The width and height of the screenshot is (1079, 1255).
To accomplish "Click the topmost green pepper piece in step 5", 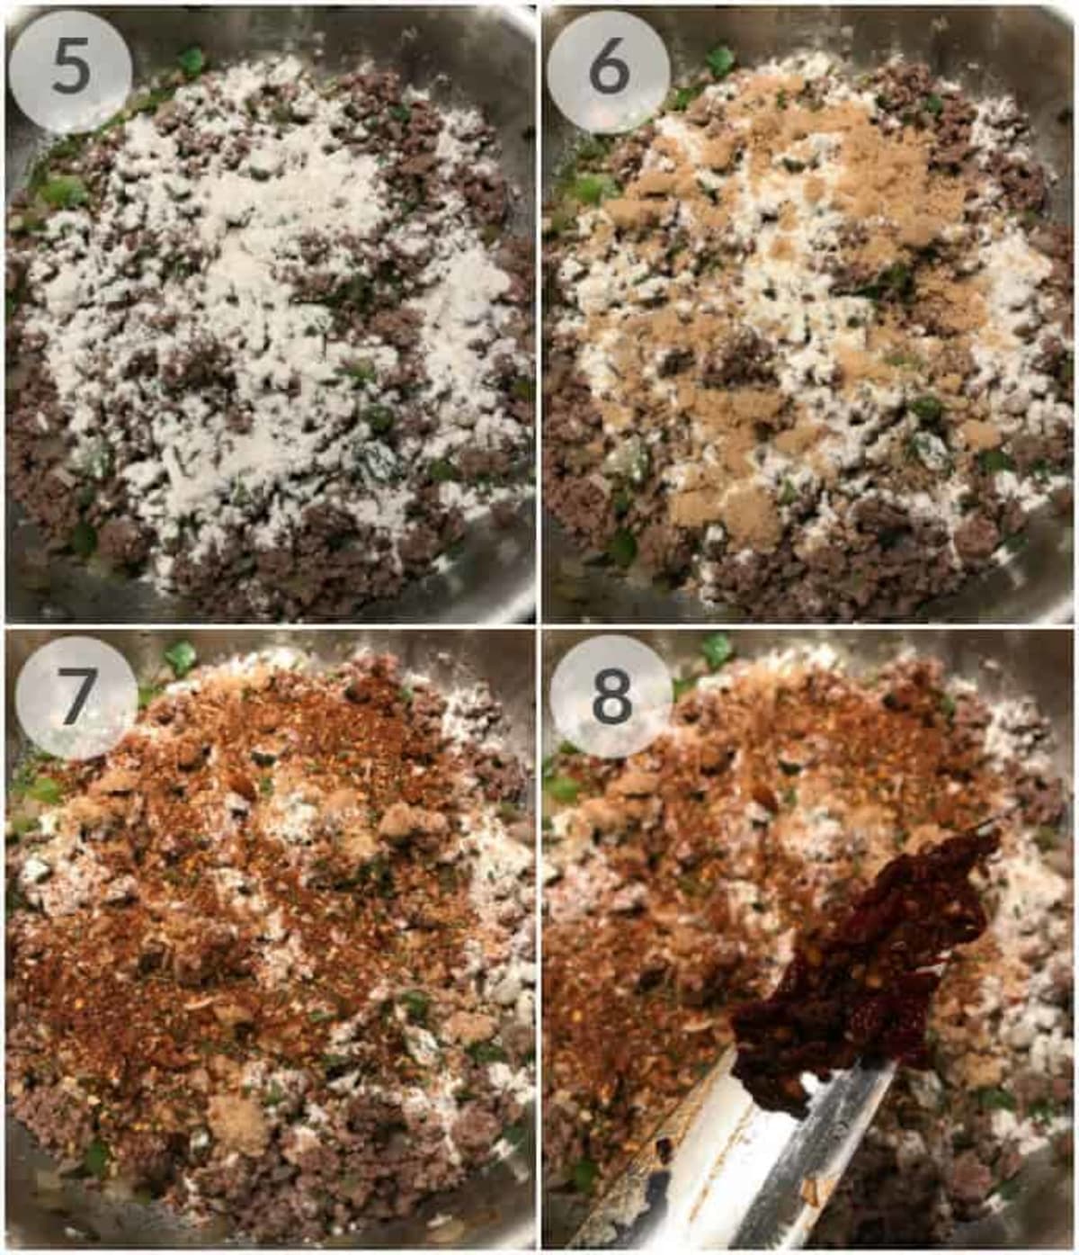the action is [192, 61].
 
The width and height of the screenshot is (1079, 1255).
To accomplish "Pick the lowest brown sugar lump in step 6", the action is [722, 513].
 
